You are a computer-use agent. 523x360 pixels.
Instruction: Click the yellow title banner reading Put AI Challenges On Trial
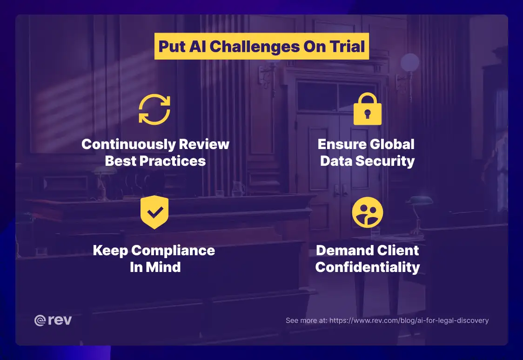(x=261, y=47)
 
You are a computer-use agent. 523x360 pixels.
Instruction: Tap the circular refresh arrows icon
(x=154, y=109)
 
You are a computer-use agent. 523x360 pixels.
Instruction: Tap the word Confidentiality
(x=367, y=267)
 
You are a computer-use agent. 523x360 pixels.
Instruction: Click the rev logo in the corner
(x=53, y=320)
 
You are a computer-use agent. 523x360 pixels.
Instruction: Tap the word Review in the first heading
(x=207, y=144)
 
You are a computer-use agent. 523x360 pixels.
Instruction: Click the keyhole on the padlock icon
(x=367, y=114)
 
